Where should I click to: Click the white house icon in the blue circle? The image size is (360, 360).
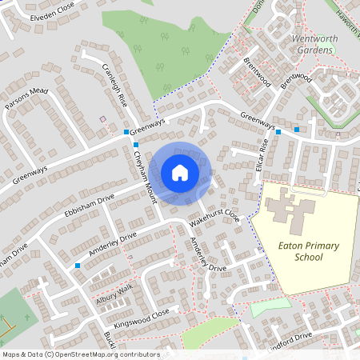pos(180,172)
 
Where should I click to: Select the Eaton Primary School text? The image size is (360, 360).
pos(297,250)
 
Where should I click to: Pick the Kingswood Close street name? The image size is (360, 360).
pos(142,319)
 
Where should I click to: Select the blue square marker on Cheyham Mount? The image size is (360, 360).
pos(136,145)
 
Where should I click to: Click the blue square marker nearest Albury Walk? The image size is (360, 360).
pos(78,265)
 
